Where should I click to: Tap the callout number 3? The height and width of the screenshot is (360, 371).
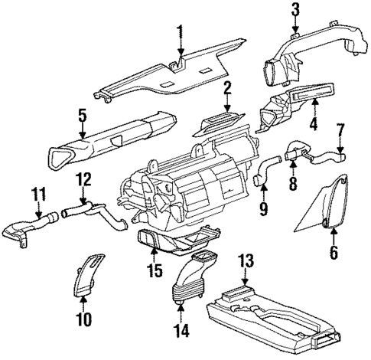[295, 10]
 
